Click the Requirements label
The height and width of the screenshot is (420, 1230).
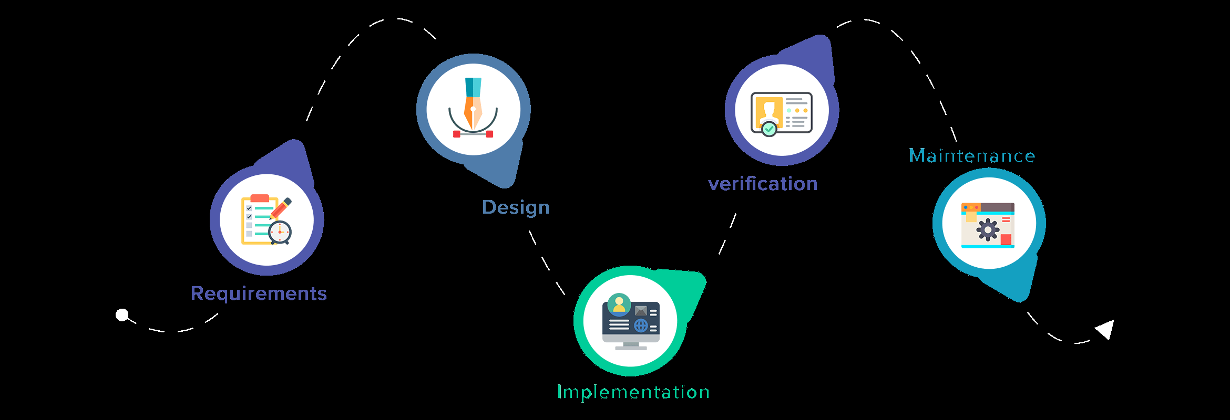[259, 293]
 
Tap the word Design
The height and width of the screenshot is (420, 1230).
[516, 207]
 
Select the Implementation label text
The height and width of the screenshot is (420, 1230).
[633, 392]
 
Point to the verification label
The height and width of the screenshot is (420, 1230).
[763, 184]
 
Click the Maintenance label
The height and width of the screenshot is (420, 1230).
[972, 155]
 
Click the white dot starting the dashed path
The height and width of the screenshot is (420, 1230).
[122, 315]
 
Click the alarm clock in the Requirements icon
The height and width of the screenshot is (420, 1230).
[280, 232]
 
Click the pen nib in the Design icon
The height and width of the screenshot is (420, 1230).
[473, 108]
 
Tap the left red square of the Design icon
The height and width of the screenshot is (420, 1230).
[457, 134]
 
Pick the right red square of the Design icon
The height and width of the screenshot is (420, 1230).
[489, 134]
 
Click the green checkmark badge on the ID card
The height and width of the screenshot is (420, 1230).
[769, 129]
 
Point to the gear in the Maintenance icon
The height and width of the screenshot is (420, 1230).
[988, 230]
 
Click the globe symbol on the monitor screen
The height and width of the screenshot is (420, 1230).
[641, 326]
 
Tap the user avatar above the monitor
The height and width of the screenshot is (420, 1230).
[619, 304]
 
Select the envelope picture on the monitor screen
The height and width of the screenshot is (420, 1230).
[641, 311]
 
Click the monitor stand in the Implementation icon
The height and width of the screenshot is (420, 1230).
[631, 346]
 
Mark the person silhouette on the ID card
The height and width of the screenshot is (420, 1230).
[768, 112]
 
